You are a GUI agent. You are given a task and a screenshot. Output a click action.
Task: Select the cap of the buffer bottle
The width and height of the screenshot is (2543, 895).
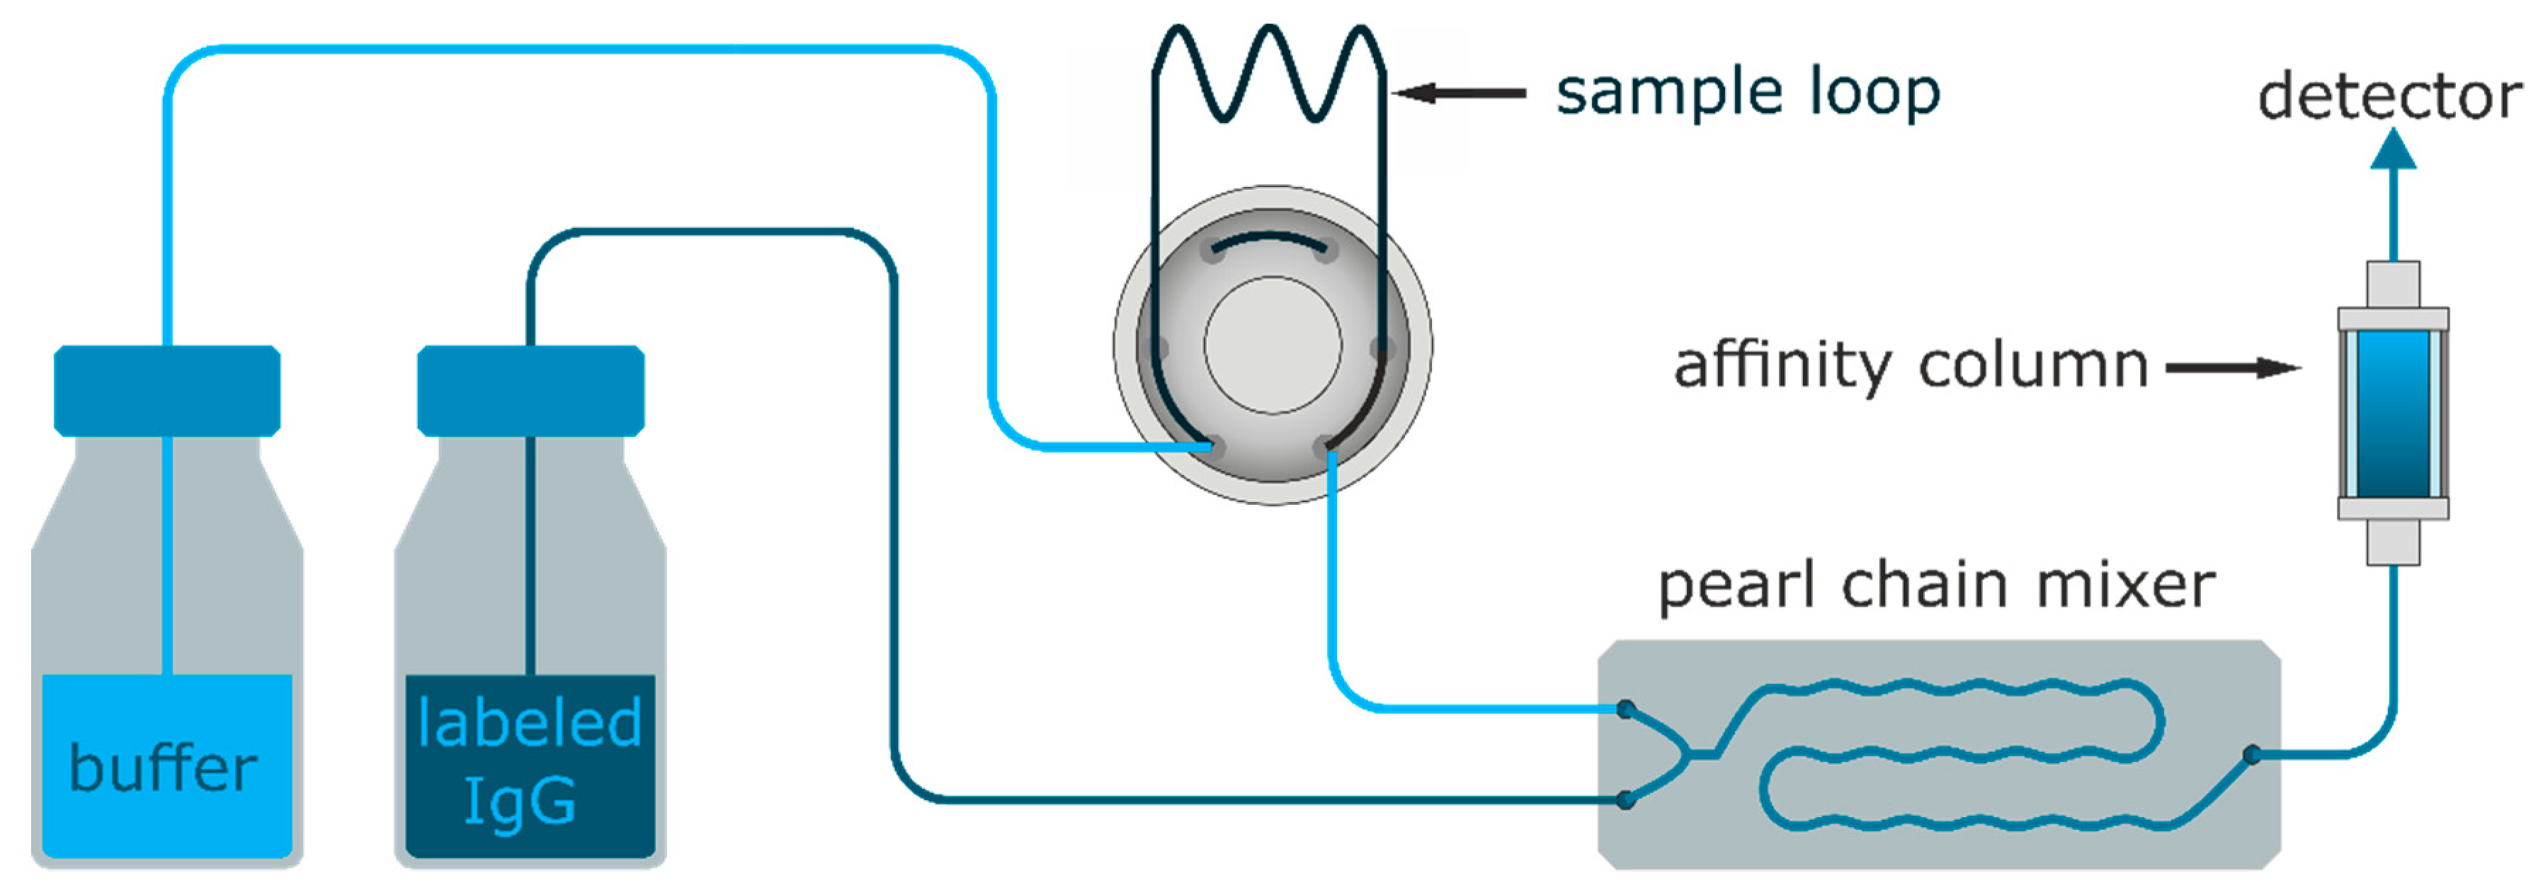point(167,391)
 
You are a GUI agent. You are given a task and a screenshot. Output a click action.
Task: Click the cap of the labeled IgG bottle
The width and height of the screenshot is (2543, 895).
point(531,391)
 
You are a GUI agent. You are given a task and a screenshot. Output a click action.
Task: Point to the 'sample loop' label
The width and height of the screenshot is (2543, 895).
point(1747,93)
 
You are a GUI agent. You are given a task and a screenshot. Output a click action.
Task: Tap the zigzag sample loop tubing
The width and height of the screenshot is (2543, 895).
point(1268,74)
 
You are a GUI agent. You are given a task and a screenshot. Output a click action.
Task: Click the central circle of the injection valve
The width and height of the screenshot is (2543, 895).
point(1273,346)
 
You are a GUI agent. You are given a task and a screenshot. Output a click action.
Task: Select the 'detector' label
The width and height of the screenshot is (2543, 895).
point(2390,97)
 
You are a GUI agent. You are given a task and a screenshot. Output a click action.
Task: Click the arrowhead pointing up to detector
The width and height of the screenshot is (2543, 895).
point(2394,150)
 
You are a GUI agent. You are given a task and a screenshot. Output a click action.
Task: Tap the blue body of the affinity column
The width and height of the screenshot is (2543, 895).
point(2393,414)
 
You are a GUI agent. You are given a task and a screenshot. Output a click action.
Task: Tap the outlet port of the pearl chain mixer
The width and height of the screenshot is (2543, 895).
point(2252,755)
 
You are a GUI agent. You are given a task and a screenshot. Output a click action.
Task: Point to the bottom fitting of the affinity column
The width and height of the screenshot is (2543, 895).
point(2393,542)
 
